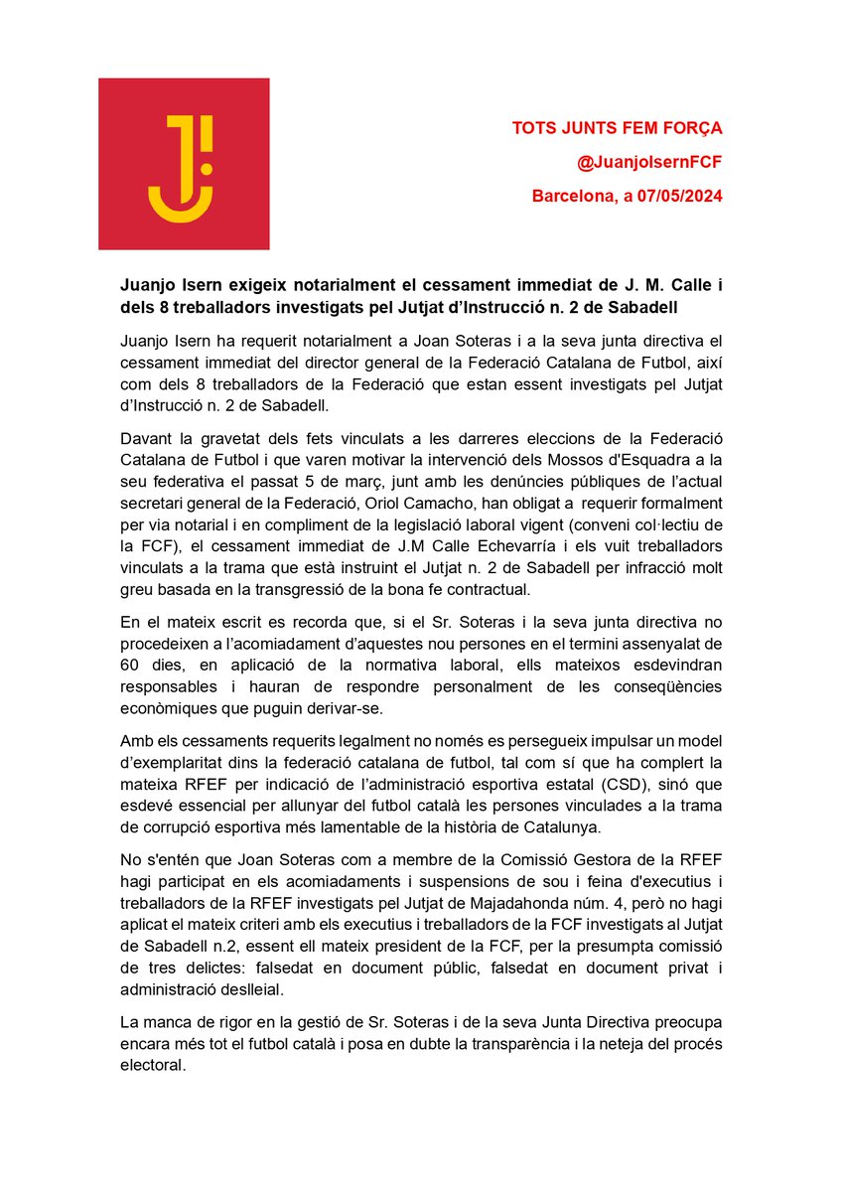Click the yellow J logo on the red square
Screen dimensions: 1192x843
[184, 164]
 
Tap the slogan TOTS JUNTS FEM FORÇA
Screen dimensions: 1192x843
[617, 128]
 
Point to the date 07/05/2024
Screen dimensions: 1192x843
[679, 196]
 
